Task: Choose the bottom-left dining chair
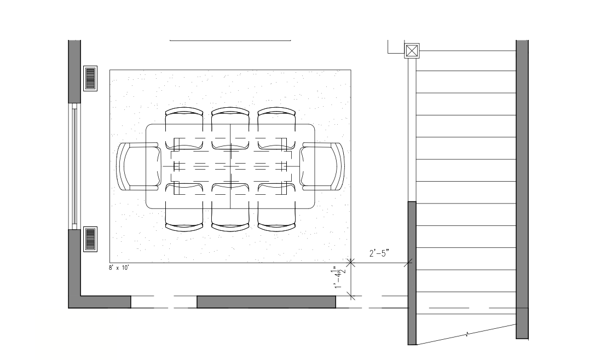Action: tap(184, 208)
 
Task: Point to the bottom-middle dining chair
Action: tap(230, 208)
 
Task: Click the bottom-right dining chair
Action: tap(277, 208)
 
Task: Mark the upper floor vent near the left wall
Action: tap(90, 78)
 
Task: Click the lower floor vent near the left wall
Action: tap(90, 239)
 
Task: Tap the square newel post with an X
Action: tap(412, 51)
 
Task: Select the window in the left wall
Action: tap(74, 166)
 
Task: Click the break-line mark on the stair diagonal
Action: tap(467, 333)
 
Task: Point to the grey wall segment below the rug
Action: tap(266, 302)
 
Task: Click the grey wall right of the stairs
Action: tap(522, 186)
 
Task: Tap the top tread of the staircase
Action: tap(466, 61)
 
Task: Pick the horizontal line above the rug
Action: tap(230, 40)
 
